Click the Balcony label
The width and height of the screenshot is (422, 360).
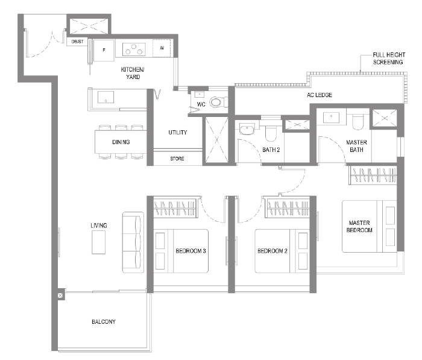pyautogui.click(x=104, y=321)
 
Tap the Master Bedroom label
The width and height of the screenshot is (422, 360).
pyautogui.click(x=359, y=227)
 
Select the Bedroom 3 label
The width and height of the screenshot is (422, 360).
pyautogui.click(x=191, y=251)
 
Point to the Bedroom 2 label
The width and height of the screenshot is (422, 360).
pyautogui.click(x=272, y=251)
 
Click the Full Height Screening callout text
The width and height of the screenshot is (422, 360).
pyautogui.click(x=389, y=58)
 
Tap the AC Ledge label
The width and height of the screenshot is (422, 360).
pyautogui.click(x=320, y=95)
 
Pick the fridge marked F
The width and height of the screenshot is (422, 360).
pyautogui.click(x=104, y=50)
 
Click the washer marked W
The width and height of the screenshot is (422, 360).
pyautogui.click(x=162, y=48)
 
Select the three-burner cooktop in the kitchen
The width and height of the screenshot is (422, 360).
pyautogui.click(x=134, y=49)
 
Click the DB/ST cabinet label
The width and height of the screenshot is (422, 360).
pyautogui.click(x=78, y=42)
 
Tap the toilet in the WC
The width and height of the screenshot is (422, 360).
pyautogui.click(x=216, y=102)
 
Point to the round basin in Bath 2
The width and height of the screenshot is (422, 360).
pyautogui.click(x=246, y=130)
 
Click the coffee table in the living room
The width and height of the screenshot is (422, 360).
pyautogui.click(x=98, y=242)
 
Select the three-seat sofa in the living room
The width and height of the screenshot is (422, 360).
pyautogui.click(x=133, y=242)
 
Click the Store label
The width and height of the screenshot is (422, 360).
pyautogui.click(x=177, y=159)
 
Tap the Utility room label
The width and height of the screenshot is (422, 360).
pyautogui.click(x=178, y=132)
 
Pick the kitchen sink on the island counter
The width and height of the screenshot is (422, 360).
pyautogui.click(x=105, y=97)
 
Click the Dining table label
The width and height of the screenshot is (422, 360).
pyautogui.click(x=121, y=142)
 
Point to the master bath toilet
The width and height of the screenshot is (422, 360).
pyautogui.click(x=357, y=121)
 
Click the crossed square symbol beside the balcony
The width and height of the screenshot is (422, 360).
pyautogui.click(x=60, y=295)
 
